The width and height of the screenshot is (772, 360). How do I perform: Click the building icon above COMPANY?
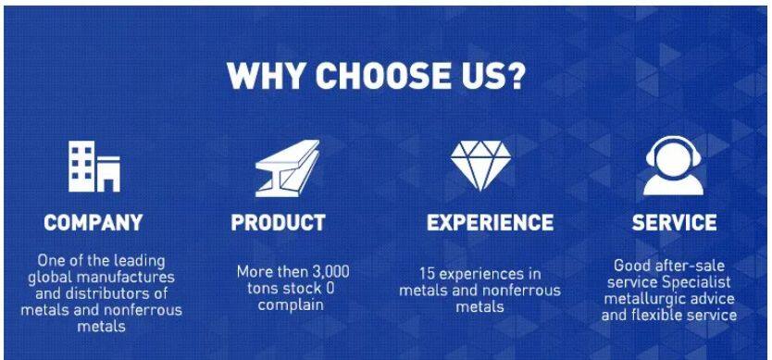(x=94, y=166)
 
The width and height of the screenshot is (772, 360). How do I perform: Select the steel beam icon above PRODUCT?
(x=288, y=168)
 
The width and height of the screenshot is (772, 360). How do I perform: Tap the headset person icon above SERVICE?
(x=674, y=165)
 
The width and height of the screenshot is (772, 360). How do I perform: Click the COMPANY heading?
(x=93, y=223)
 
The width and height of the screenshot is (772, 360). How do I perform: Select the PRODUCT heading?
(x=279, y=223)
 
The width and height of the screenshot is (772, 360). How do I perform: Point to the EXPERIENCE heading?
(x=490, y=223)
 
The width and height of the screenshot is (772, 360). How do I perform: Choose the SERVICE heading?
(x=674, y=223)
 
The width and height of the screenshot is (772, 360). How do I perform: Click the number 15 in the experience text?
(x=427, y=273)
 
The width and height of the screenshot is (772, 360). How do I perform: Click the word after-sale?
(x=690, y=266)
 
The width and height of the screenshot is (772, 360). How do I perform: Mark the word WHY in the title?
(x=267, y=75)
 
